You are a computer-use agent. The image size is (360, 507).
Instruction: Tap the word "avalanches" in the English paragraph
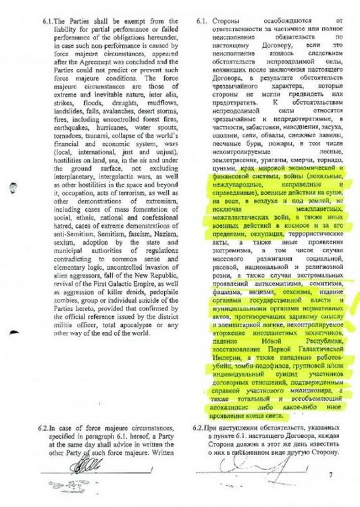point(118,127)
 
